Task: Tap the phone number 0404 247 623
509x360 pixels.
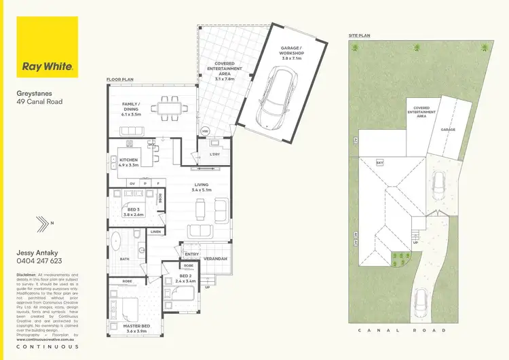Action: [x=39, y=261]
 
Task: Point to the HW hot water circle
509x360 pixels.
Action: [x=205, y=130]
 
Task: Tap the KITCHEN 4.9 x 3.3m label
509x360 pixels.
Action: [x=129, y=162]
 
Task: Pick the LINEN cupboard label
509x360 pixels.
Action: [x=155, y=232]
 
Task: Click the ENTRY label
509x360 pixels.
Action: [x=191, y=253]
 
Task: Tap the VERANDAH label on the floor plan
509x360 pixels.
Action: [x=215, y=259]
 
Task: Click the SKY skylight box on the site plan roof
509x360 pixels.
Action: [x=380, y=163]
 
